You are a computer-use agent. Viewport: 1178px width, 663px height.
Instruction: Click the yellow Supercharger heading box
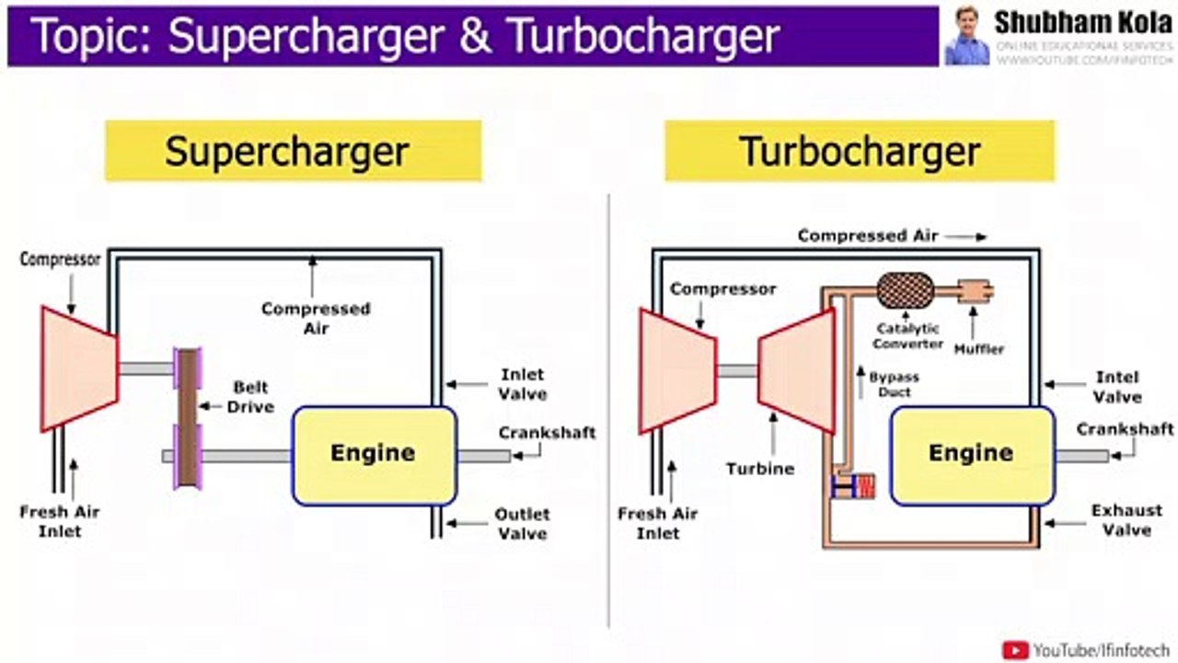[x=293, y=150]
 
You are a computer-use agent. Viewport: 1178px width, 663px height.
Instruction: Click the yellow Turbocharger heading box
[x=860, y=150]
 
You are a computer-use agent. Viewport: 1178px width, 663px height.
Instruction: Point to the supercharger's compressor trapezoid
[x=79, y=368]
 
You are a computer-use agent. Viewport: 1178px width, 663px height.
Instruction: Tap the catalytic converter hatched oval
[x=906, y=291]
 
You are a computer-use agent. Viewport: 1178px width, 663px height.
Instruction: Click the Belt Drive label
[x=250, y=397]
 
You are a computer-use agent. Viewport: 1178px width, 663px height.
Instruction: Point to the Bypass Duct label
[x=894, y=385]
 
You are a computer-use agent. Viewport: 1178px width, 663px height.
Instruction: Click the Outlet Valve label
[x=522, y=523]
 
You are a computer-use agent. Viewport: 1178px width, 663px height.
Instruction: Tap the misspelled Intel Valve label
[x=1117, y=387]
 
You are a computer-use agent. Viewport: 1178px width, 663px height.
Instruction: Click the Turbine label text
[x=759, y=469]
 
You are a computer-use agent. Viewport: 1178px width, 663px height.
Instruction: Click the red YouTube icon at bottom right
[x=1015, y=650]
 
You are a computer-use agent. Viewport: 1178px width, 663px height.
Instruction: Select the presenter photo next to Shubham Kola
[x=966, y=36]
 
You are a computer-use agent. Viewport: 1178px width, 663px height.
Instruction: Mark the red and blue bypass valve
[x=853, y=486]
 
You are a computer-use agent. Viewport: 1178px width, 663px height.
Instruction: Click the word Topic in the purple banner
[x=88, y=37]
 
